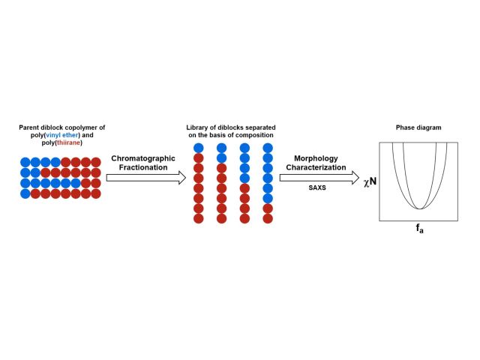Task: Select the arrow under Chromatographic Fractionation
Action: coord(146,178)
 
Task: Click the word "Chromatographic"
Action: coord(142,159)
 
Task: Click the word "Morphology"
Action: coord(315,159)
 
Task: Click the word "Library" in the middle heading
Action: coord(198,128)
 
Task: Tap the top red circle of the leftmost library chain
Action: coord(199,158)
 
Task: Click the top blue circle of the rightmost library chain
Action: coord(268,148)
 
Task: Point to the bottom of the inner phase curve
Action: coord(423,208)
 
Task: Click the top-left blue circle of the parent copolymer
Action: coord(26,162)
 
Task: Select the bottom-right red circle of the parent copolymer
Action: coord(95,193)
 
